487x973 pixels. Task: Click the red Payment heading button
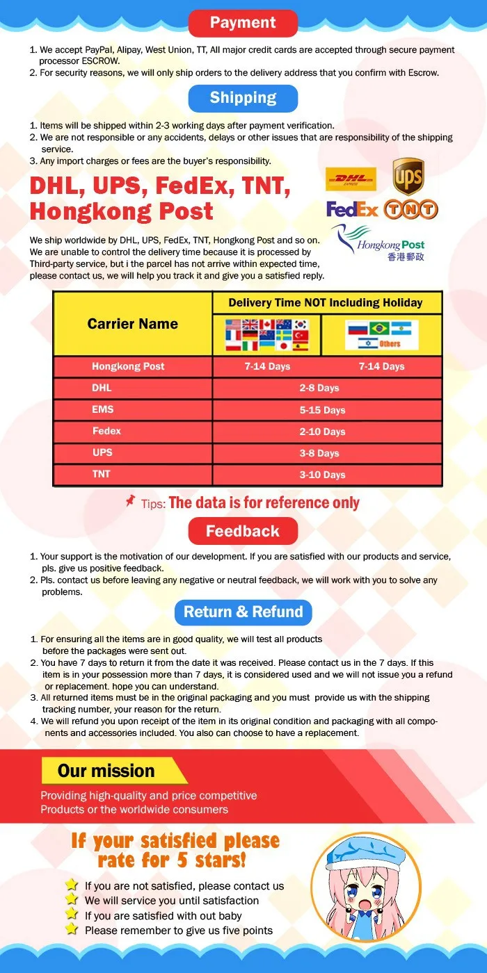click(243, 23)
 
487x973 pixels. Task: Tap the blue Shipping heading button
click(243, 98)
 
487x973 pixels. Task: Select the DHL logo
click(351, 179)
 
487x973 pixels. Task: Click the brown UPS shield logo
click(408, 177)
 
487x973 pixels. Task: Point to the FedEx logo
click(352, 208)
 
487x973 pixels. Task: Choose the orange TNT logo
click(410, 208)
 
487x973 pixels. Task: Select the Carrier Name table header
click(132, 324)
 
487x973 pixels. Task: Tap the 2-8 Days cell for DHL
click(319, 388)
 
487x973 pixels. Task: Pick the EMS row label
click(102, 409)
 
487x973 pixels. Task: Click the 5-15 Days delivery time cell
click(322, 410)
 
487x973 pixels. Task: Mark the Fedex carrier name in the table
click(106, 431)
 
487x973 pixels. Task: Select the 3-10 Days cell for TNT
click(322, 475)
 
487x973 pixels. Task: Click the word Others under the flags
click(390, 344)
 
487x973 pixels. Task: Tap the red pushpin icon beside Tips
click(130, 500)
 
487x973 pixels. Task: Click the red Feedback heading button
click(243, 532)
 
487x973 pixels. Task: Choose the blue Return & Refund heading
click(243, 612)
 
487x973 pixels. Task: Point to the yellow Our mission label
click(106, 771)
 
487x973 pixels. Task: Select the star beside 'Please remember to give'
click(71, 929)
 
